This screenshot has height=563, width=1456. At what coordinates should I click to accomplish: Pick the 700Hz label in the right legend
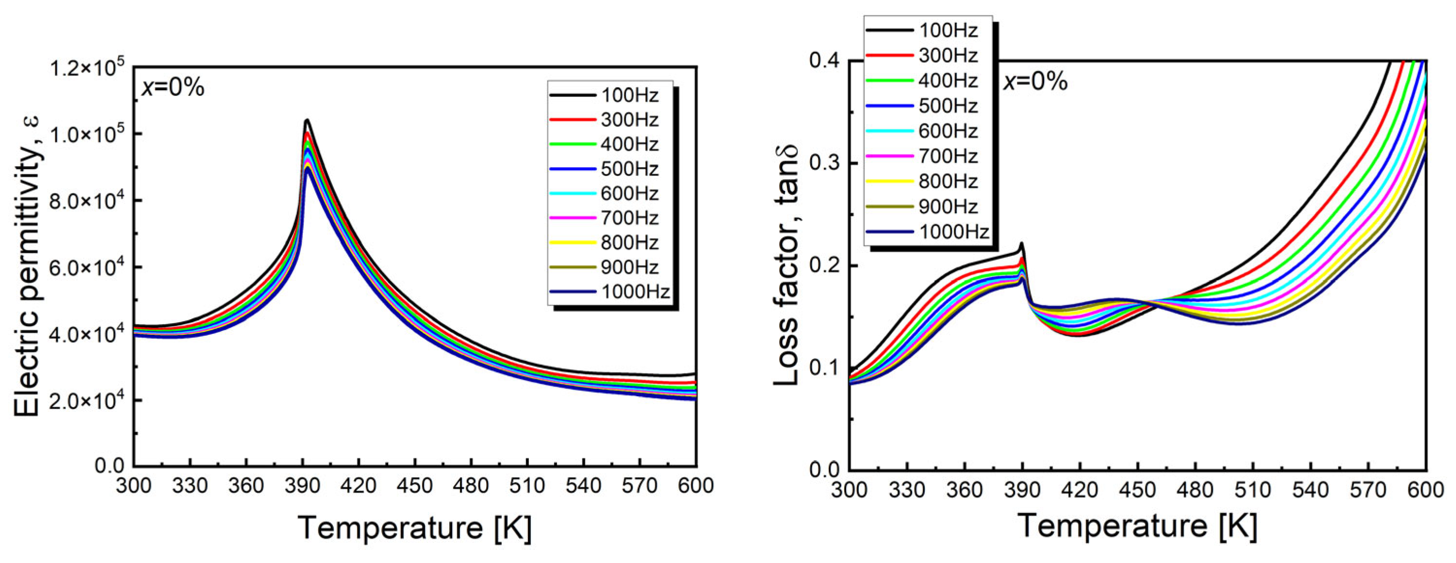point(948,156)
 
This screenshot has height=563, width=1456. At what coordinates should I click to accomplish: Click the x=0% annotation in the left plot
point(172,88)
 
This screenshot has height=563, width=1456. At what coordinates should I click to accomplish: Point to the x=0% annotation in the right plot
point(1035,82)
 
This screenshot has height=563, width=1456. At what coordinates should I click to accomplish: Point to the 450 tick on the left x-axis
point(415,485)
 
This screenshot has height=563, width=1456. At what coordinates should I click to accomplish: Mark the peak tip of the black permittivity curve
point(307,120)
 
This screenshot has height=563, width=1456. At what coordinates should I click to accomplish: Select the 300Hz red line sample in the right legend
point(888,55)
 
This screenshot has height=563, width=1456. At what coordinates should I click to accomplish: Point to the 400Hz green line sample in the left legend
point(572,144)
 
